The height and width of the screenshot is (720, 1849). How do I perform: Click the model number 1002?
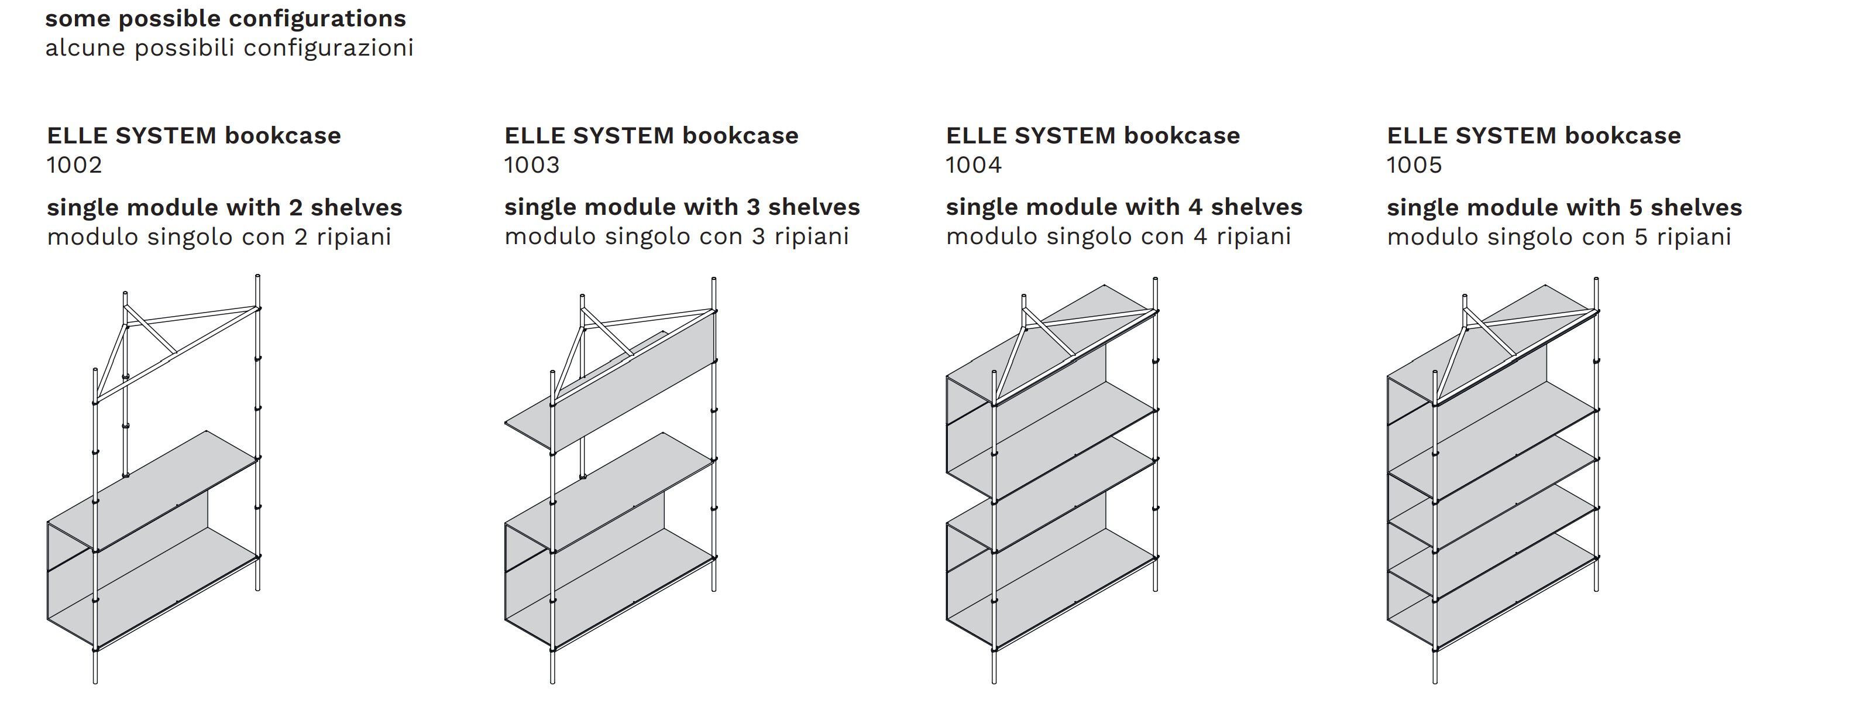[75, 165]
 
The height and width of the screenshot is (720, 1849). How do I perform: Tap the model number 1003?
[532, 165]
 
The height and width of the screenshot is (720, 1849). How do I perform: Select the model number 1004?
[973, 165]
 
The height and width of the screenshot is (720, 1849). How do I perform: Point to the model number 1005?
[1414, 165]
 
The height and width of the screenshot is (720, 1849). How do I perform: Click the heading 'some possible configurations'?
[225, 19]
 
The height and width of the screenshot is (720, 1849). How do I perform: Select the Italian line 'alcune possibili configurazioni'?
[229, 48]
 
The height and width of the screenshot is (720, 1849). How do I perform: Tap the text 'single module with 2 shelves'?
[225, 207]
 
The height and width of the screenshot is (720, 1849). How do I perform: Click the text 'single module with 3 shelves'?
[682, 207]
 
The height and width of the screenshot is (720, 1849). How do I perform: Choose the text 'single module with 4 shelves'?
[1124, 207]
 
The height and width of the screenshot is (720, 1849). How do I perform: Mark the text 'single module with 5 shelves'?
[1564, 207]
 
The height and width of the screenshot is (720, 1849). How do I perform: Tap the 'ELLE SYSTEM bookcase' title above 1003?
[651, 135]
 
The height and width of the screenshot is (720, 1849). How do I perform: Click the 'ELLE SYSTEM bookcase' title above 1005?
[1533, 135]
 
